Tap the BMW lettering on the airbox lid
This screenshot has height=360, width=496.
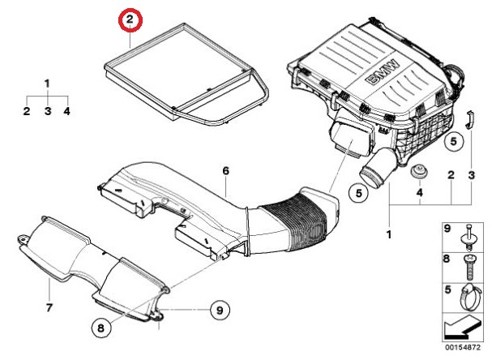pos(384,74)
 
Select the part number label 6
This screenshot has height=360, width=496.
pos(226,170)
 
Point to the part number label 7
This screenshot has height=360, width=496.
pos(49,308)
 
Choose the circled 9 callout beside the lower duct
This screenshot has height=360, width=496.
pos(217,309)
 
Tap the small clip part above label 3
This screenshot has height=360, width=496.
pos(471,118)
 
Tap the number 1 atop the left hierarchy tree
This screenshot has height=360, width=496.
pos(47,83)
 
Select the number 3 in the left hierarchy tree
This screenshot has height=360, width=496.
pos(47,111)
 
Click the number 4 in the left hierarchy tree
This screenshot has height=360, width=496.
pos(67,111)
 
